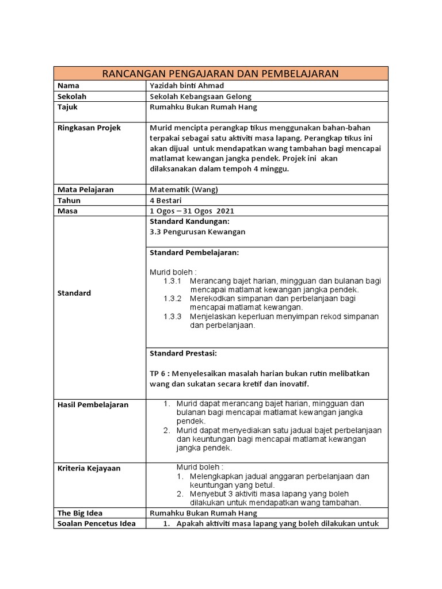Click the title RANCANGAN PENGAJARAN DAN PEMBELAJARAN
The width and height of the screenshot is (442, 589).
click(220, 73)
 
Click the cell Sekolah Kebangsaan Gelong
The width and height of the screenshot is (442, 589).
click(200, 96)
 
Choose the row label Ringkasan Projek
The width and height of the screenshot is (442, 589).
click(89, 128)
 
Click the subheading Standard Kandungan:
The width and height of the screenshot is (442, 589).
click(189, 221)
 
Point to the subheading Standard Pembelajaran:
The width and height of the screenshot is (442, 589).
click(194, 253)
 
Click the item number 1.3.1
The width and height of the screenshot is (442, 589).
click(172, 281)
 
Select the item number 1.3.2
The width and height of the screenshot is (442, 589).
click(172, 299)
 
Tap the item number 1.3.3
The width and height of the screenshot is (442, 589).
click(172, 316)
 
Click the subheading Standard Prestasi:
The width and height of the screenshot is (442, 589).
click(184, 353)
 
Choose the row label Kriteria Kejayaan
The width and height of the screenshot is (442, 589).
click(89, 468)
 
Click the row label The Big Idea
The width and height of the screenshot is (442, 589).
click(79, 513)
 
